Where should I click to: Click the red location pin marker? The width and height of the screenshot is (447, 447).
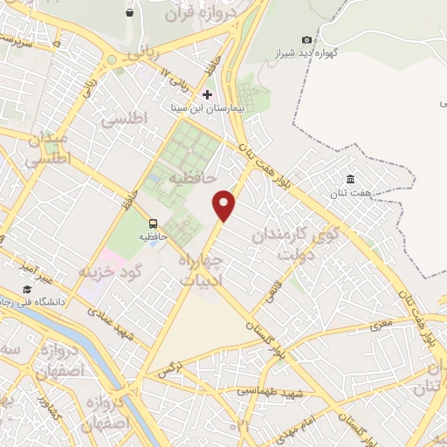[x=225, y=204]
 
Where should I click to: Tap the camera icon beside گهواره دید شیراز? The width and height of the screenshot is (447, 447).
[x=306, y=39]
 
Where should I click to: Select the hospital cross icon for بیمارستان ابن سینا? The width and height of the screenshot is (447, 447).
[x=207, y=94]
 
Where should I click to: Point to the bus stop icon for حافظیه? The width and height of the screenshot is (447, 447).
[x=154, y=223]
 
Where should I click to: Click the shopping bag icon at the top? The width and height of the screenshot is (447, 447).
[x=130, y=12]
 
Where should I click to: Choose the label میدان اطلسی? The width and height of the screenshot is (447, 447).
[x=44, y=151]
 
